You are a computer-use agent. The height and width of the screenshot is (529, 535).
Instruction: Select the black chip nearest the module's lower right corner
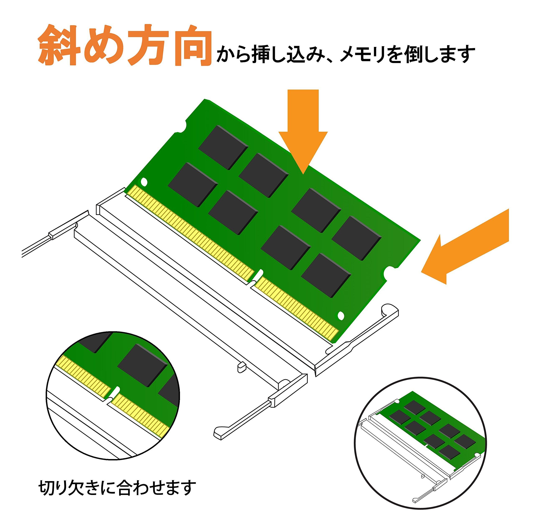point(326,276)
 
